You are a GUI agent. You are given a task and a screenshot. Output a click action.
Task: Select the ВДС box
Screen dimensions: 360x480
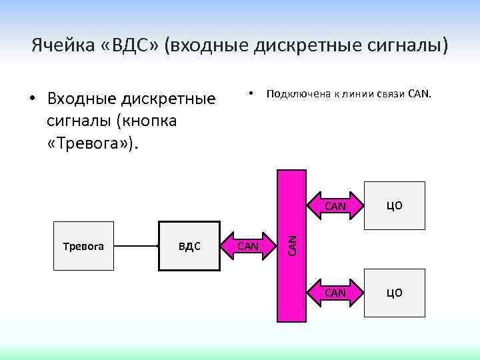pyautogui.click(x=189, y=246)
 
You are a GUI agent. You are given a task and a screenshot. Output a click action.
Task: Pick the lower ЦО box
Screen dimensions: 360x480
pyautogui.click(x=395, y=293)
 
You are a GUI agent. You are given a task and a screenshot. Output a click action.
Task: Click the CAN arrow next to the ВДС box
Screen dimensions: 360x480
pyautogui.click(x=249, y=247)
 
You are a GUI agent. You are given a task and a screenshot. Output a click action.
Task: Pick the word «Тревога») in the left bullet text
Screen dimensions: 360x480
pyautogui.click(x=95, y=143)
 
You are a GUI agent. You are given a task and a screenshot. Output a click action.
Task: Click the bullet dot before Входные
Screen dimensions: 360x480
pyautogui.click(x=31, y=100)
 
